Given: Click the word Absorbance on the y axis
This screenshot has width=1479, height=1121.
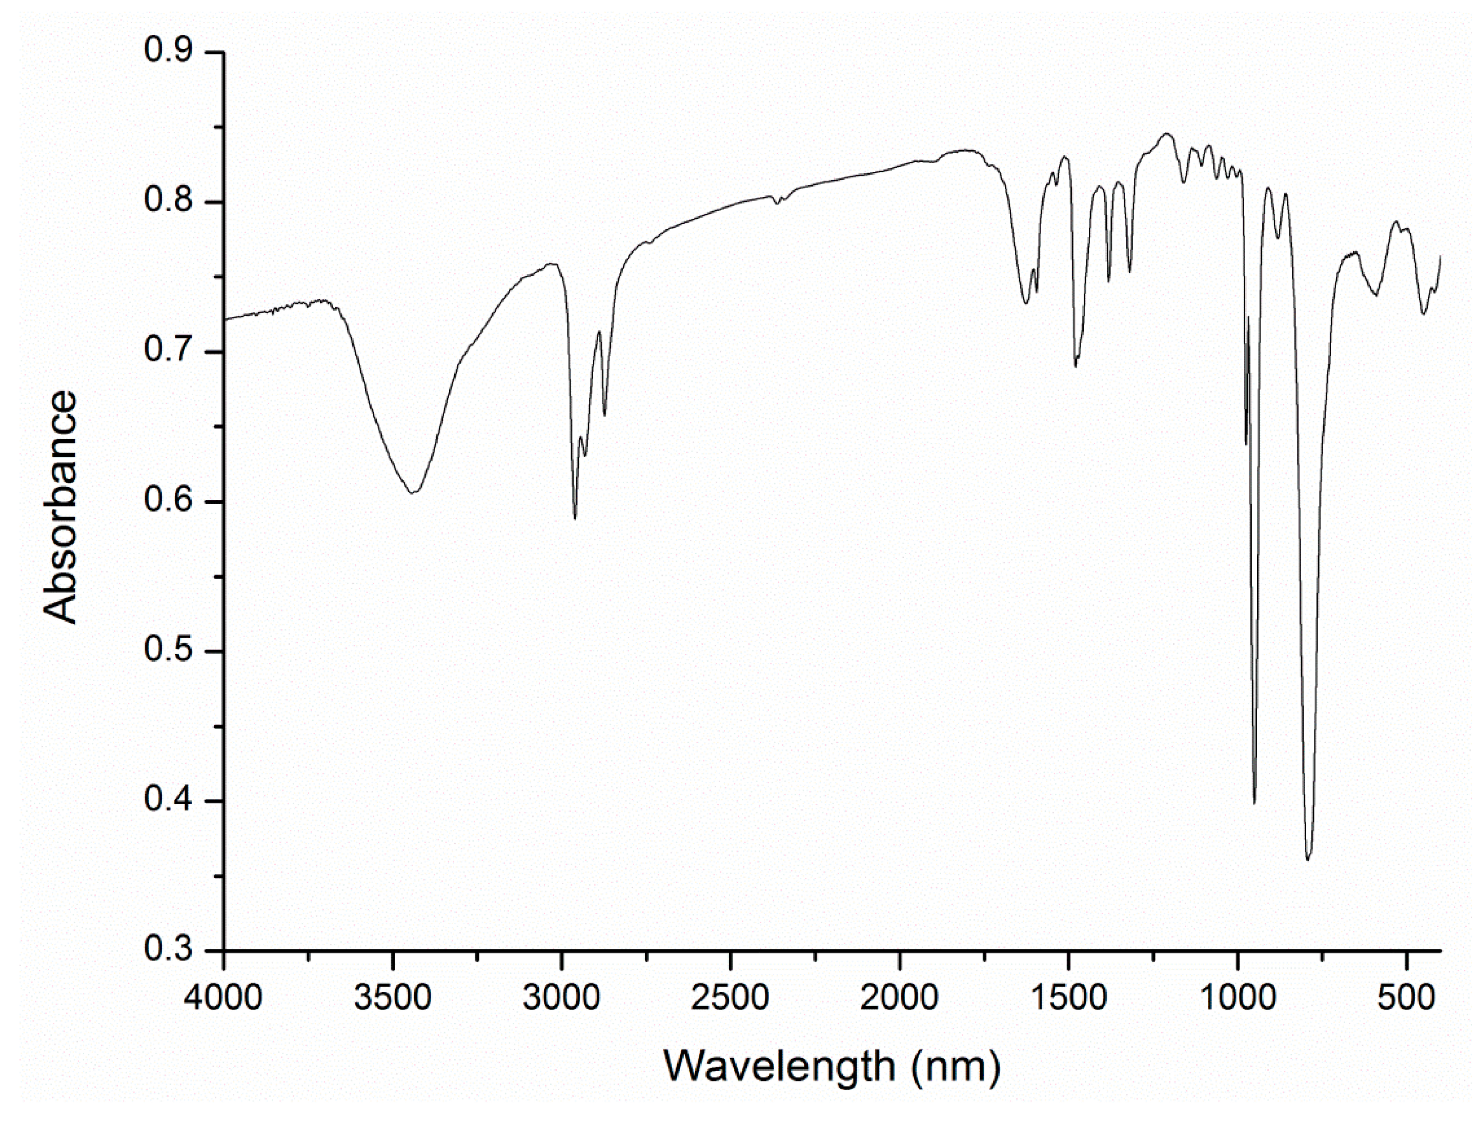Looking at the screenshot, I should (60, 508).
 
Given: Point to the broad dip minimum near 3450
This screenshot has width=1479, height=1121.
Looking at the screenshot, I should (413, 493).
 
